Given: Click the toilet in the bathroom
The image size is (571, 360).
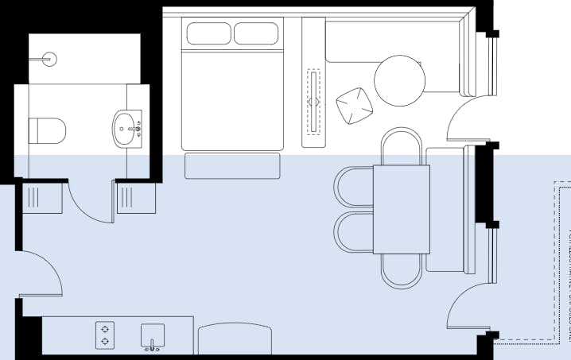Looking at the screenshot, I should tap(47, 130).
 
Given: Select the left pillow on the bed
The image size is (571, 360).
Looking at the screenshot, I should tap(208, 33).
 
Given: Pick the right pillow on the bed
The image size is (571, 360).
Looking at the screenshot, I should tap(257, 33).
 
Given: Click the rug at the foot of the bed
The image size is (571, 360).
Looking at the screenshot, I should tap(233, 166).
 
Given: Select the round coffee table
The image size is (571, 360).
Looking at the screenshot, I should tap(400, 81).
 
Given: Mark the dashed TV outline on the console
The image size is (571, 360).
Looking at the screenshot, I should tap(314, 100).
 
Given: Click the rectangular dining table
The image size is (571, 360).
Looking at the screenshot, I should tap(401, 209).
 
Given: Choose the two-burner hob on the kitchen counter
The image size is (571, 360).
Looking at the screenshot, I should tap(105, 335).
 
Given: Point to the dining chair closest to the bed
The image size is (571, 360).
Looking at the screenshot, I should tap(401, 146).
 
